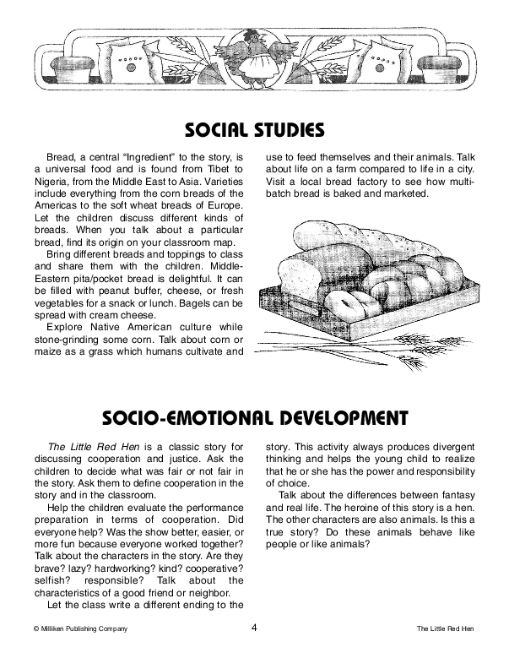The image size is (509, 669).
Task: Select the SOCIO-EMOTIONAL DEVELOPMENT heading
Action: coord(254,417)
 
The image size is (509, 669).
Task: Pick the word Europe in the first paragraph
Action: coord(225,204)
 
